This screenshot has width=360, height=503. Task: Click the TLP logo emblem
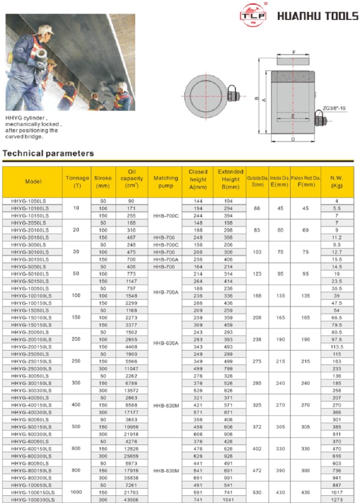[x=254, y=15]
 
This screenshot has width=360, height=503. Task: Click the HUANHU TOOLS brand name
[x=318, y=16]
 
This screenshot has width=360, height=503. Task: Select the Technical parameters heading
[x=48, y=153]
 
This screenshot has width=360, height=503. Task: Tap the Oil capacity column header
[x=132, y=178]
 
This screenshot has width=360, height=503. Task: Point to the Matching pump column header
[x=166, y=182]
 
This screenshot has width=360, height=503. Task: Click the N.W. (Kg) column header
[x=337, y=182]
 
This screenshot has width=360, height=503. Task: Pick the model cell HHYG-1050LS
[x=29, y=201]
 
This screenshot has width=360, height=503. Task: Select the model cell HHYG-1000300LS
[x=33, y=500]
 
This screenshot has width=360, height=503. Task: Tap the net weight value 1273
[x=337, y=500]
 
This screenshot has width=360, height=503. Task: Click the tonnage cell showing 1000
[x=76, y=492]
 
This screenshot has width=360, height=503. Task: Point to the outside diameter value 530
[x=257, y=492]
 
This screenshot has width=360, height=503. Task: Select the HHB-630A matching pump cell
[x=165, y=343]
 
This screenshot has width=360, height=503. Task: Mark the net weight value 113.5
[x=337, y=346]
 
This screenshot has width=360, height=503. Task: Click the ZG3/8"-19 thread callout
[x=334, y=108]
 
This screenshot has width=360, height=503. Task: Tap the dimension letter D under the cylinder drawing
[x=293, y=139]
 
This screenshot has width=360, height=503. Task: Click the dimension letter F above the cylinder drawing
[x=294, y=53]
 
